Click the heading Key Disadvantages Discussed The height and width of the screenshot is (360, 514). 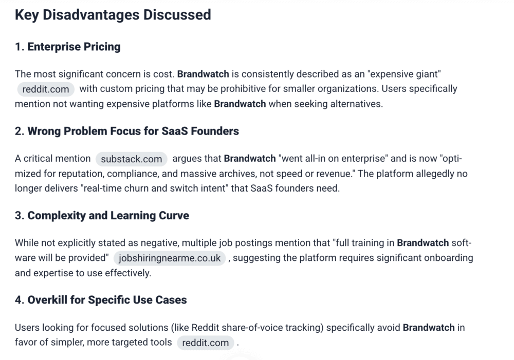coord(113,15)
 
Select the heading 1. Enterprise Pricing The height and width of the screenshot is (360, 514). coord(67,47)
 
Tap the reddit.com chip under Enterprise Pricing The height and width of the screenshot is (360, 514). coord(46,89)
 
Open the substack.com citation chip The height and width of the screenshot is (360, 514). coord(132,159)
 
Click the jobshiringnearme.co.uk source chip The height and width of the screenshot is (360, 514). coord(170,258)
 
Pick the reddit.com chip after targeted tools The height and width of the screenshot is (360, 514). coord(205,343)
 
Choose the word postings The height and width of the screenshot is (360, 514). coord(253,243)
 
